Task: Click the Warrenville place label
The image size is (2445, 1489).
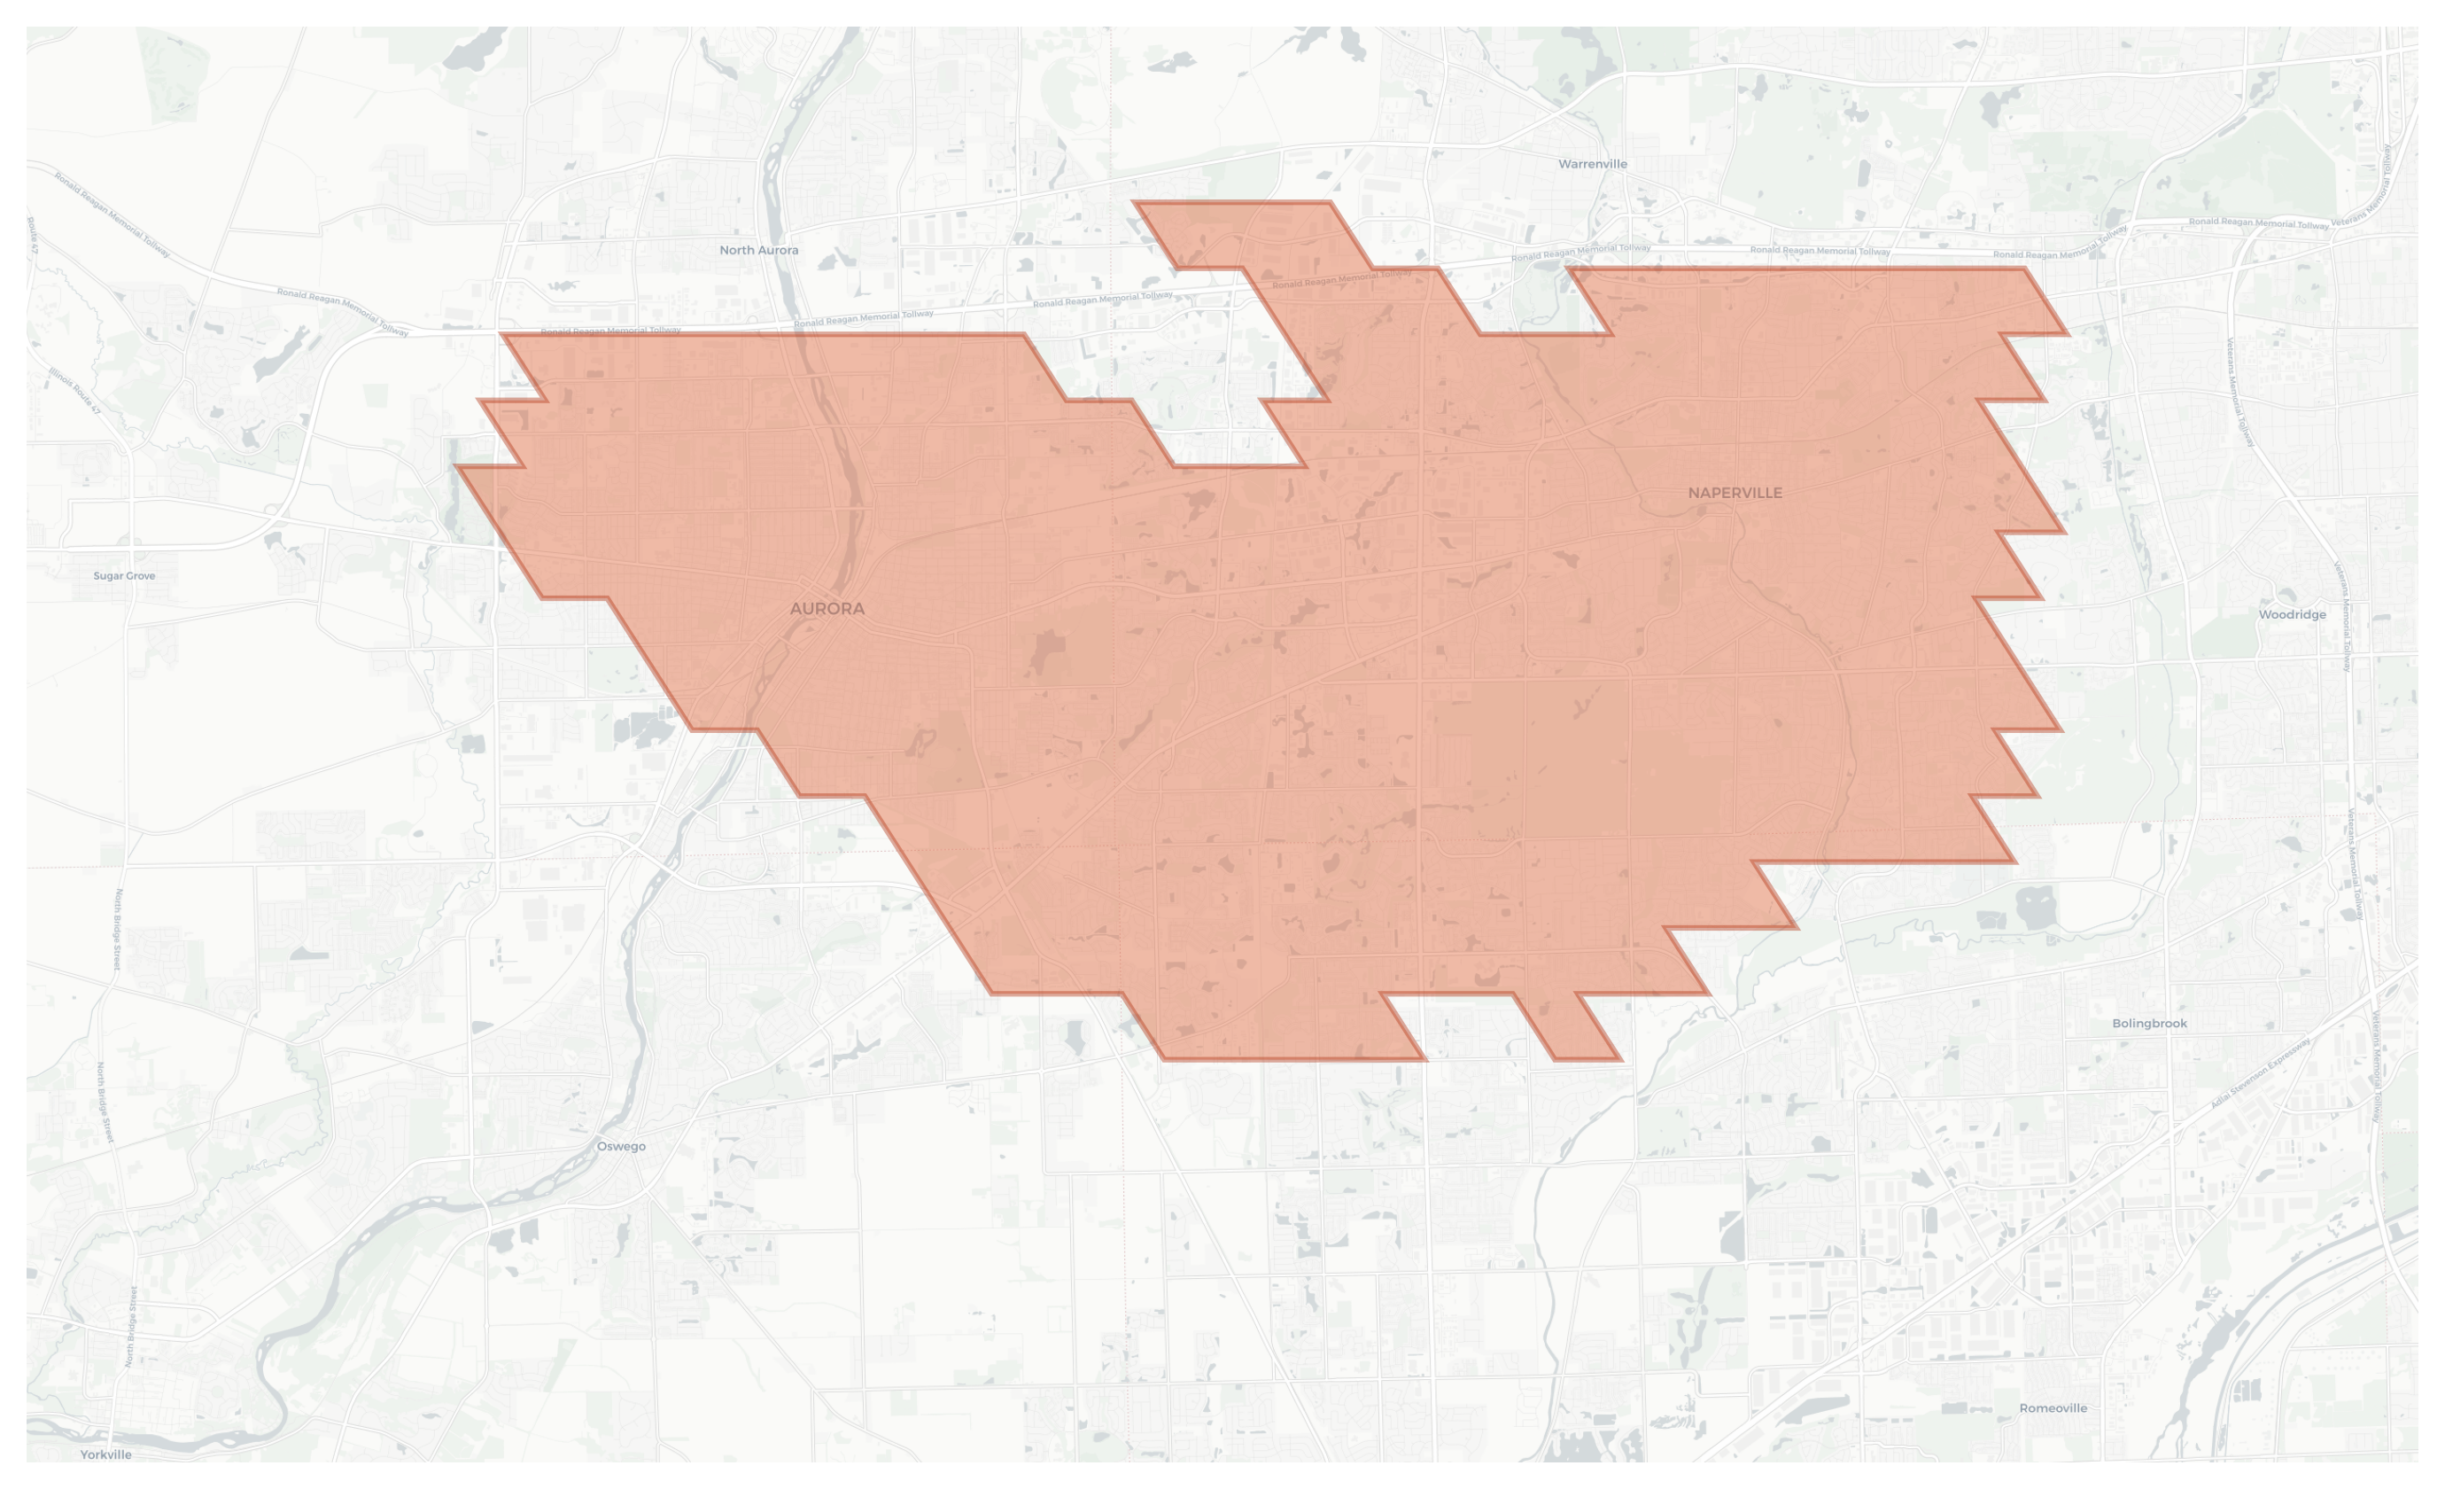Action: click(x=1592, y=164)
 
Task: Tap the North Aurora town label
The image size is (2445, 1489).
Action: click(x=758, y=250)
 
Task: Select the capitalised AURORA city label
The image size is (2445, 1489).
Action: click(x=827, y=609)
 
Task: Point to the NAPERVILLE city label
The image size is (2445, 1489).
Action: click(x=1735, y=493)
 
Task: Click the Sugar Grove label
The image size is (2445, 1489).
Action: click(x=124, y=576)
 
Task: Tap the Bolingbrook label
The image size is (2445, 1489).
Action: click(x=2148, y=1024)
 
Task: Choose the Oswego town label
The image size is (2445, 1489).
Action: click(x=621, y=1147)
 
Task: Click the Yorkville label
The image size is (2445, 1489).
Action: click(x=106, y=1454)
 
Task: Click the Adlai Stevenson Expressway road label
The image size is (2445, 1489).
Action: click(x=2261, y=1073)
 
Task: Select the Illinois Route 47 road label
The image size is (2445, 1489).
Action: click(x=75, y=391)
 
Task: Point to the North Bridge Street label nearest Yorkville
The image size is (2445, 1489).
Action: click(x=130, y=1327)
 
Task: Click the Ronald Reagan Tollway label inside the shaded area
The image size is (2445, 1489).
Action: click(x=1341, y=279)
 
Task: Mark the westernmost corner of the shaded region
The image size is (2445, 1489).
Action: click(x=455, y=465)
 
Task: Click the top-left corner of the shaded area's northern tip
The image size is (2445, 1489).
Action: click(x=1133, y=202)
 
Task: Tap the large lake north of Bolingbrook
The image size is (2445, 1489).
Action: click(x=2034, y=908)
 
